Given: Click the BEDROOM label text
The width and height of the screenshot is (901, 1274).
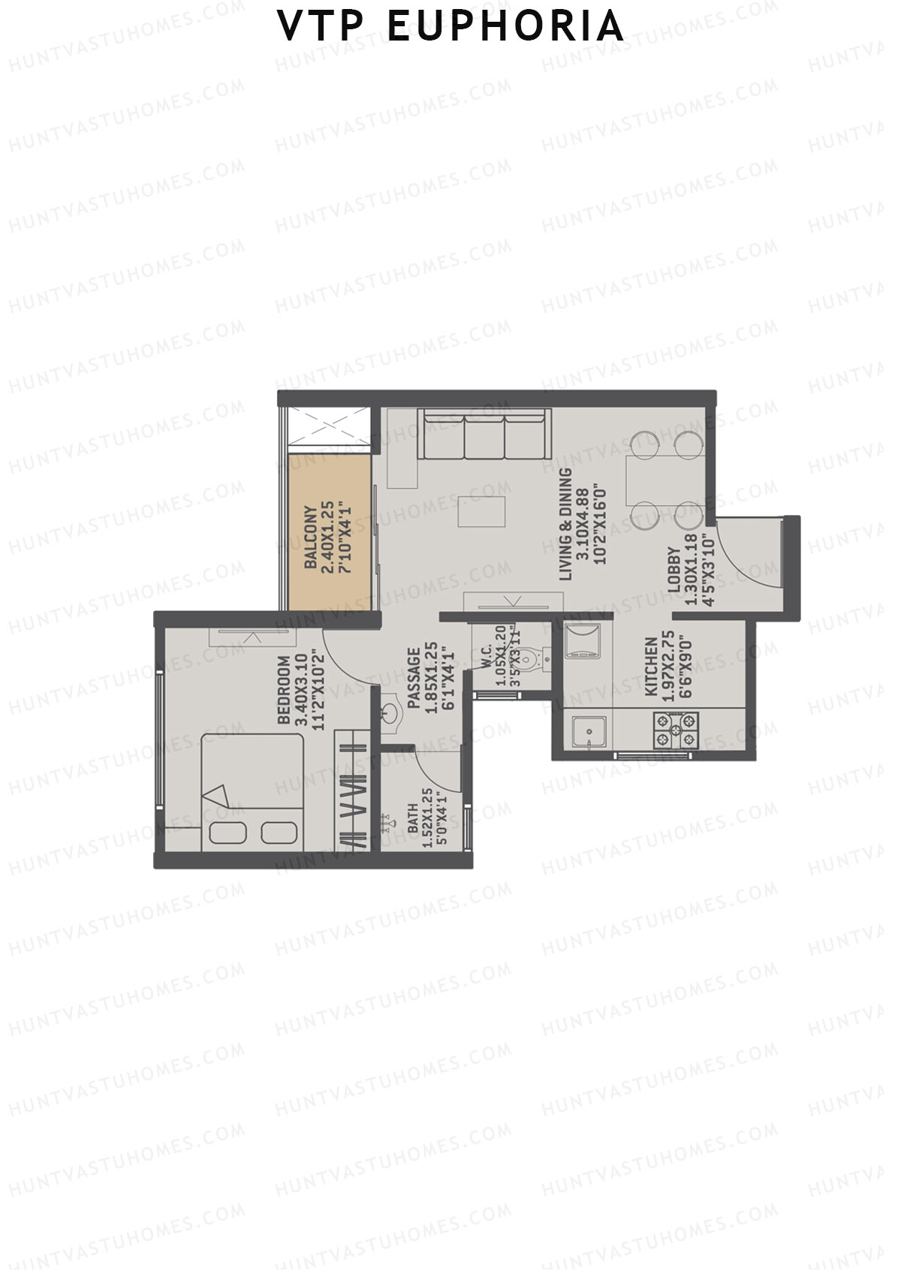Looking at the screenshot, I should click(284, 691).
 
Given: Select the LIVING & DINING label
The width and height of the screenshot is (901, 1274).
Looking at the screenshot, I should click(566, 524).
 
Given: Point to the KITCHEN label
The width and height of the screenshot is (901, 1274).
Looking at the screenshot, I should click(651, 667).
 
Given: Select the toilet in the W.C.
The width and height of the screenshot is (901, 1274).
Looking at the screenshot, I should click(531, 659).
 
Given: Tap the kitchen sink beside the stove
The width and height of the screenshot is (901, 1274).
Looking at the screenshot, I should click(589, 732).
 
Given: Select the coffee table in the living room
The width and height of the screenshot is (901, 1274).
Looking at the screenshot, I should click(484, 511).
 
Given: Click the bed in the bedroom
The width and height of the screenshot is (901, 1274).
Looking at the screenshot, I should click(252, 792).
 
